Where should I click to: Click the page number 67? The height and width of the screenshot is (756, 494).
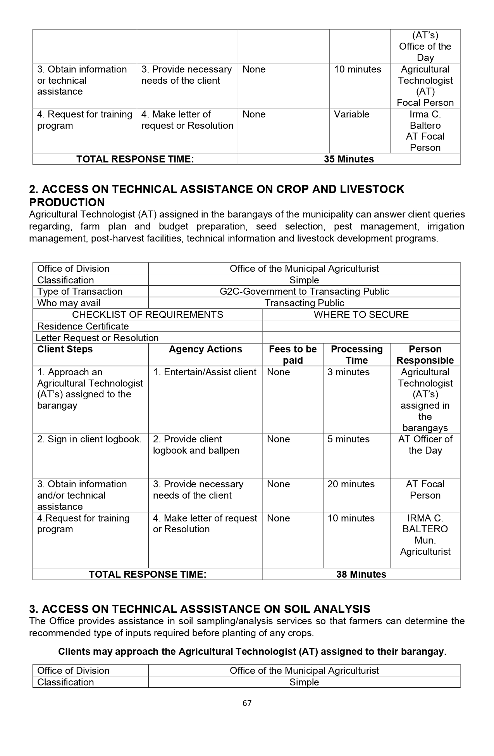pos(247,703)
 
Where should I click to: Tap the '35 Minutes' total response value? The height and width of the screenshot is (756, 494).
pos(349,159)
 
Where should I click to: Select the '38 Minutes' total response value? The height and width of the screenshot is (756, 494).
pos(361,574)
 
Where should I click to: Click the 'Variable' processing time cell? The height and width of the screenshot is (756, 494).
pos(352,114)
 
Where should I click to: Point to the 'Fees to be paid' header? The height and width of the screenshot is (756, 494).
pos(293,355)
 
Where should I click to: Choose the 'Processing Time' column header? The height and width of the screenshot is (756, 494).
pos(356,355)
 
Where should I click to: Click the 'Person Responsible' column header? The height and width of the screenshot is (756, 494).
pos(425,355)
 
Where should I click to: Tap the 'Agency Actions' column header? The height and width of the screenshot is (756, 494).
pos(205,349)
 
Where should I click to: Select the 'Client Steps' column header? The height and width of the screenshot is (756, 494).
pos(65,349)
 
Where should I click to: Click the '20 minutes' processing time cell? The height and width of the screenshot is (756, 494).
pos(351,484)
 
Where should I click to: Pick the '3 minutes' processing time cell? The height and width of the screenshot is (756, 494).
pos(348,372)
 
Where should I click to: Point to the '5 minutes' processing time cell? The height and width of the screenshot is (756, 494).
pos(348,439)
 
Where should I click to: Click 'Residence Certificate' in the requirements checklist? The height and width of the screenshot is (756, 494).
pos(83,326)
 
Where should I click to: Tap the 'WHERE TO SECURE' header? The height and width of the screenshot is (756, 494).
pos(361,314)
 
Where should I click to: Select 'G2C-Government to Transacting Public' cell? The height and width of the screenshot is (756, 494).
pos(304,292)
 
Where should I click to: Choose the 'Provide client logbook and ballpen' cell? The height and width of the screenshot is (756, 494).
pos(196,445)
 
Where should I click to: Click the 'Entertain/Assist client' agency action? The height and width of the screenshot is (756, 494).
pos(205,372)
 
